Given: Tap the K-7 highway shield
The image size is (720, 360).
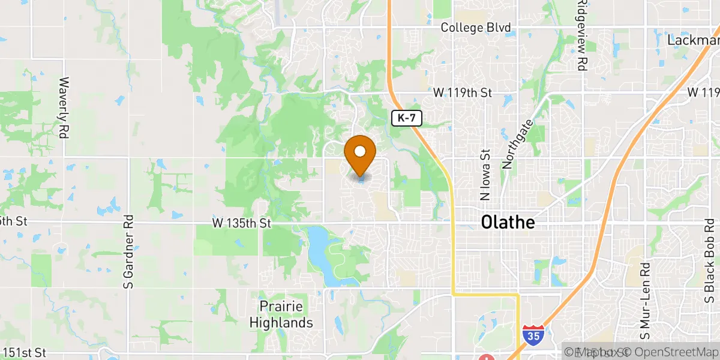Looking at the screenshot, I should pos(407,118).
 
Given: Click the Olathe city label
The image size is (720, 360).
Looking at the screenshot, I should pos(507,223).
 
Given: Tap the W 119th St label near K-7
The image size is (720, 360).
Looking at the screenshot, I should pos(463,93).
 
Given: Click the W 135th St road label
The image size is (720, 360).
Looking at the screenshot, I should pos(242,223).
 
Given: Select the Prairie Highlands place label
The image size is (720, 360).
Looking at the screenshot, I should pos(286,314).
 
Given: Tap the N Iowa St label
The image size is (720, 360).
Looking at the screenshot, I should pos(485,175).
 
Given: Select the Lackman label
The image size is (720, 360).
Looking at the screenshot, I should pos(693,40).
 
